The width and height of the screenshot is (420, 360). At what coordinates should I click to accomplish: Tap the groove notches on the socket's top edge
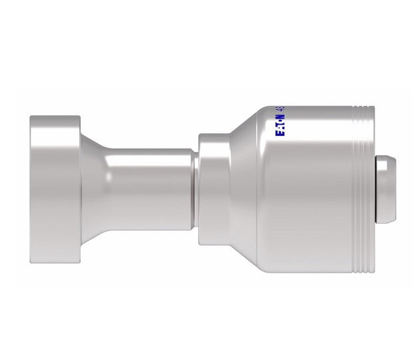(x=361, y=111)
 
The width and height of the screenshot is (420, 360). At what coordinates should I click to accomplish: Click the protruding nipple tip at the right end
(x=386, y=189)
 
